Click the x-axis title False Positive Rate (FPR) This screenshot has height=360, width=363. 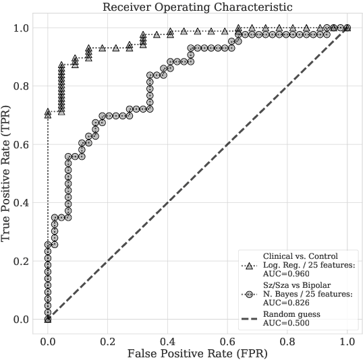click(197, 352)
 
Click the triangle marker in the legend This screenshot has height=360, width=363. click(250, 266)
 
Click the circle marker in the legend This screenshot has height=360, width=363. click(250, 295)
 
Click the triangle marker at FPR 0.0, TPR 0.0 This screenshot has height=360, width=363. click(47, 319)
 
